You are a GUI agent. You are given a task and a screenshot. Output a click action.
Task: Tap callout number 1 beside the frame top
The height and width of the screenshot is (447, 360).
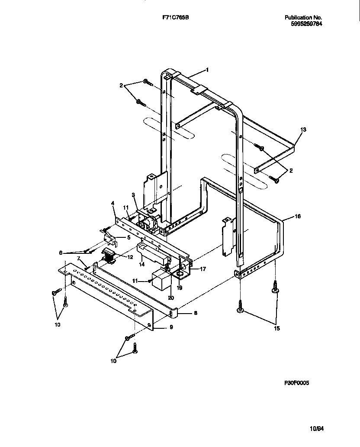pos(207,69)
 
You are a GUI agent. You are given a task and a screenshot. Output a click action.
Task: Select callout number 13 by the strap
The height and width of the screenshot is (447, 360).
pos(303,130)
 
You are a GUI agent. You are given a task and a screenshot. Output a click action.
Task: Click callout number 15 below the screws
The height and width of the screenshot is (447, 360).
pos(276,328)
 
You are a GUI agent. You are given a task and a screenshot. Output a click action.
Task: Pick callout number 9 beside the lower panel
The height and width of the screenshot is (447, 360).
pos(171,327)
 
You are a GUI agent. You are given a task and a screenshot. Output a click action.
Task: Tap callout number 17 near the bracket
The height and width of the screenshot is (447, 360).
pos(203,269)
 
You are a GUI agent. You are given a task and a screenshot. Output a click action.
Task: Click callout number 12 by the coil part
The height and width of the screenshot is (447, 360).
pos(130,256)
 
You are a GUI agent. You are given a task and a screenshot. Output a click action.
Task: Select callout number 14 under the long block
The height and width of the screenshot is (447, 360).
pos(141,264)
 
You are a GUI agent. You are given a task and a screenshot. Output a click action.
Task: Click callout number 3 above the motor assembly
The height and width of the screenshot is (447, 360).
pos(134,195)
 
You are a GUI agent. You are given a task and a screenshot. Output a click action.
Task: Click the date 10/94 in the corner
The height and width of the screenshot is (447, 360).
pos(317,429)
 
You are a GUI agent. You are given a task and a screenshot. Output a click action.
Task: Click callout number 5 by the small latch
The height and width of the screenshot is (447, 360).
pos(129,237)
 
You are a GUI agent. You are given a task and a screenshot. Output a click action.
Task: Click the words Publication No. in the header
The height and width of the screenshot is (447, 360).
pos(303,17)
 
